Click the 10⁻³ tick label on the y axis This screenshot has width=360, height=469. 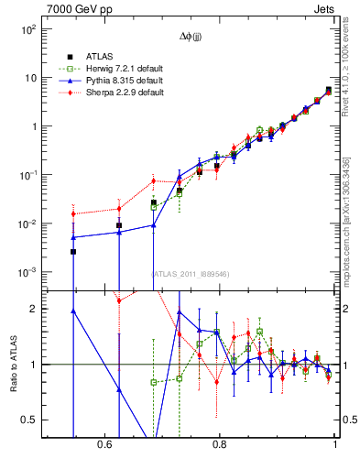[28, 273]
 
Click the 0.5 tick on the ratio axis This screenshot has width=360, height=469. [29, 420]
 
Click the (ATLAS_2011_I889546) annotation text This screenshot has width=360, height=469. [191, 273]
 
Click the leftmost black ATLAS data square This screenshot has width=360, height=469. [73, 251]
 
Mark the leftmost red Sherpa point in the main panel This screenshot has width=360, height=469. [73, 214]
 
